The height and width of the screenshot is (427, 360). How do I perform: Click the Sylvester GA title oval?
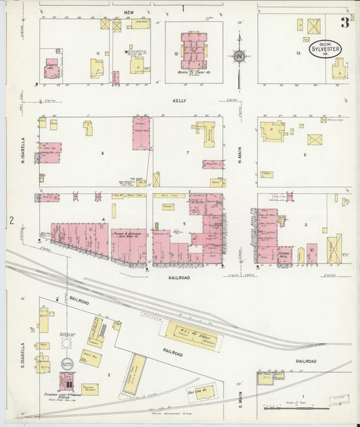coord(325,48)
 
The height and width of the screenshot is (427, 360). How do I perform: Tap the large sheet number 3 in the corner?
coord(344,24)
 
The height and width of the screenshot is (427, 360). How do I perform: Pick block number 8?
coord(102,154)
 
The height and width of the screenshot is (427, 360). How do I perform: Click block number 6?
coord(305,155)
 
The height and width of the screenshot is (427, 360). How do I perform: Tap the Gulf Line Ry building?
coord(192,392)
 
